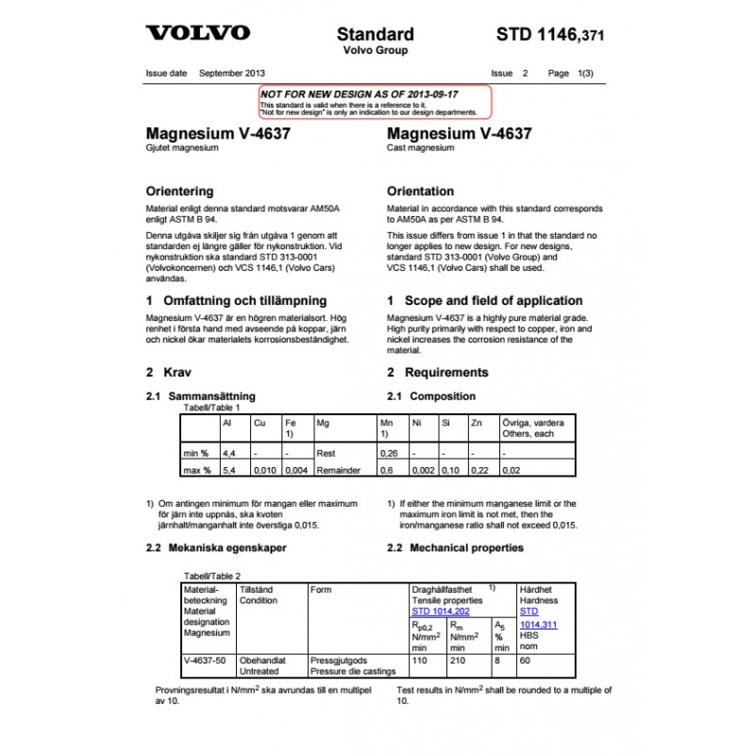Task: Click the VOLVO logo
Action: (x=198, y=34)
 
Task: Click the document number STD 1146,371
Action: (x=550, y=36)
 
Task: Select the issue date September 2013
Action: (x=232, y=73)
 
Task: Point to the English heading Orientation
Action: (x=420, y=192)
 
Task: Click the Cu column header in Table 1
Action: (x=260, y=423)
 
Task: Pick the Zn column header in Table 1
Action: (x=477, y=423)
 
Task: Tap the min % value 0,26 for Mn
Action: (x=387, y=454)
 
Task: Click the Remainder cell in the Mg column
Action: (x=337, y=470)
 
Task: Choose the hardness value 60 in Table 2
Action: (x=526, y=662)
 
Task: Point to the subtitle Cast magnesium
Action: (x=421, y=149)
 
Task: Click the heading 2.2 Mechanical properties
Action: (x=455, y=547)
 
